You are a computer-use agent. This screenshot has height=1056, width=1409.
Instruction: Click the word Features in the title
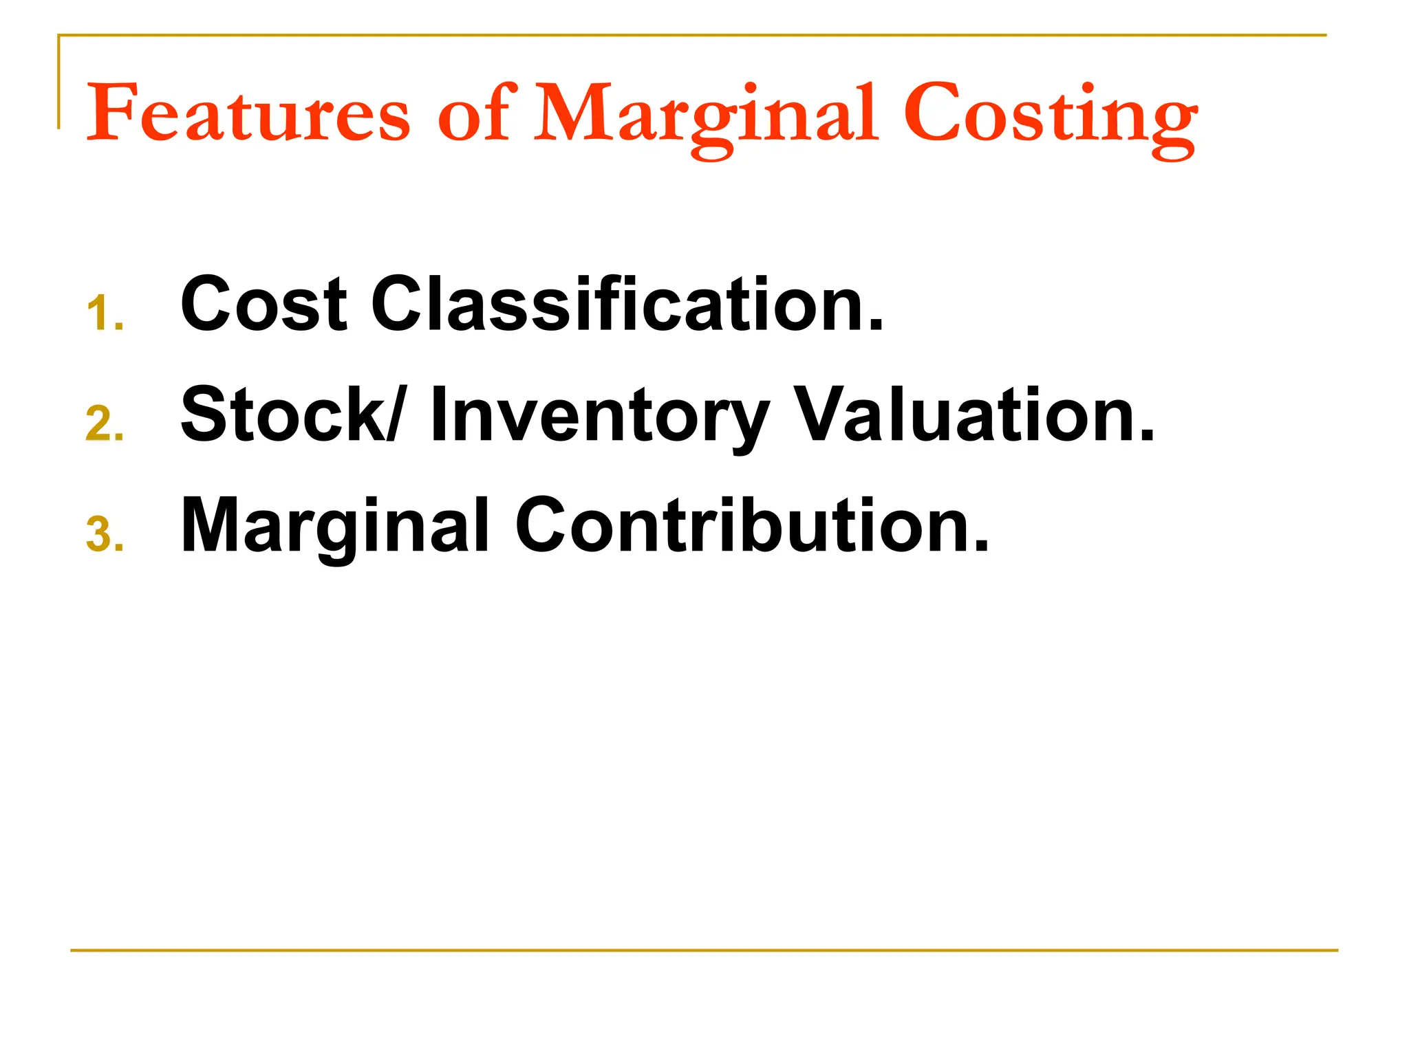(x=248, y=113)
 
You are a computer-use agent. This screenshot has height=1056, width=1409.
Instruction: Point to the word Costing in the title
(x=1050, y=117)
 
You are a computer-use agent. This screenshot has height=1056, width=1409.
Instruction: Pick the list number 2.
(x=104, y=423)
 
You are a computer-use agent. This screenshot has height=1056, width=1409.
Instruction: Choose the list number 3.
(x=104, y=535)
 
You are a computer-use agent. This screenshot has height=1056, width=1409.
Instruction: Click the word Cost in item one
(x=263, y=303)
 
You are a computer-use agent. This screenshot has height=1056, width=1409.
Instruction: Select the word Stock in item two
(x=283, y=414)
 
